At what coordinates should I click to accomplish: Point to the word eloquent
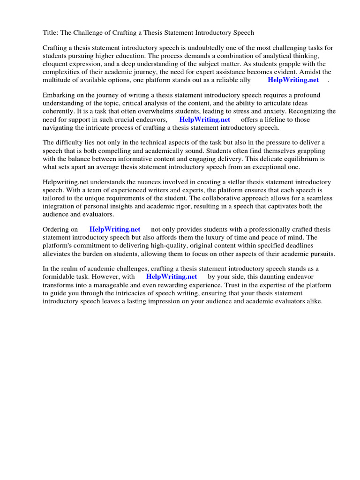click(55, 64)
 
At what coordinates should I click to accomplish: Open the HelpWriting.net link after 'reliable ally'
click(293, 80)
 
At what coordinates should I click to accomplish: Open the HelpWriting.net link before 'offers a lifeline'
click(204, 120)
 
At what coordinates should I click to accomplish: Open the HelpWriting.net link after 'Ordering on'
click(115, 229)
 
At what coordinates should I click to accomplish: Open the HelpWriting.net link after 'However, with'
click(172, 277)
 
